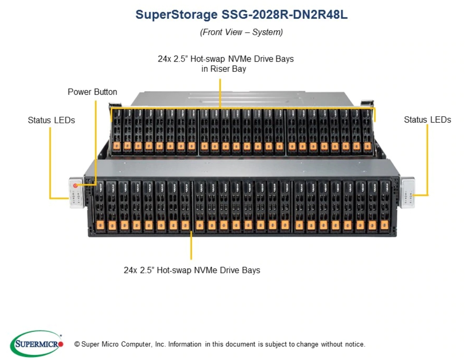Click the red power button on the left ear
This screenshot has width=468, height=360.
coord(76,185)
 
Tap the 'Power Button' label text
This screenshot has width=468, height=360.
coord(92,92)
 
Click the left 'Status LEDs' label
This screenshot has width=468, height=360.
coord(51,120)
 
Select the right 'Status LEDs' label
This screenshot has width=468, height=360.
coord(427,120)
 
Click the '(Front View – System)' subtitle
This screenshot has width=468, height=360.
coord(241,32)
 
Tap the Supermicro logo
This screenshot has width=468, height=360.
coord(37,344)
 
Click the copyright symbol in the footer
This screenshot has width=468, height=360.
coord(77,344)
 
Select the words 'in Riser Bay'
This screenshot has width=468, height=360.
coord(223,69)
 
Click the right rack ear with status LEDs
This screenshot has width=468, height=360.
coord(408,193)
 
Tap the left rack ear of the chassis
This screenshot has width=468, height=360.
coord(76,193)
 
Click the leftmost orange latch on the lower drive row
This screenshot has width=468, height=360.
coord(100,225)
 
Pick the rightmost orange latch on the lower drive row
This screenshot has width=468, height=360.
coord(384,225)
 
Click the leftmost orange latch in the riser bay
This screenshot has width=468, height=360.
coord(117,146)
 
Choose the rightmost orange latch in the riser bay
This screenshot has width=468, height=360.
coord(367,146)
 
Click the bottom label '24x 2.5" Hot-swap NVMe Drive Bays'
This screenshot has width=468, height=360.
coord(192,270)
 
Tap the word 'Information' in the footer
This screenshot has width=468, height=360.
coord(185,344)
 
